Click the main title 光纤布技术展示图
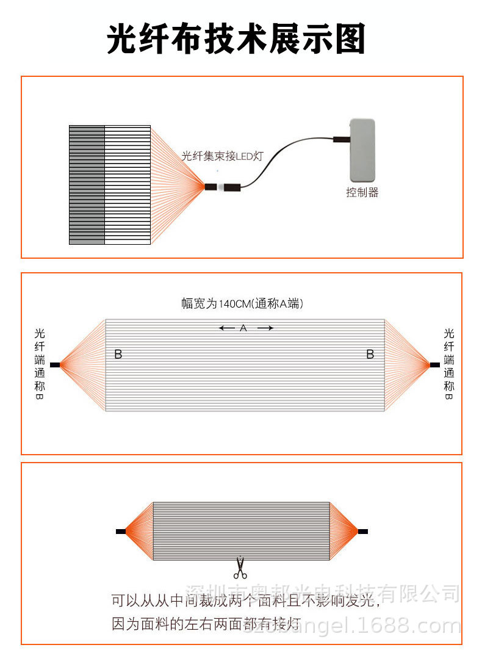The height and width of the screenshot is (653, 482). pos(236,40)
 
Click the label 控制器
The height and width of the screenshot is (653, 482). pos(362,192)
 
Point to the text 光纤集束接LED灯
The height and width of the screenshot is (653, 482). pos(222,156)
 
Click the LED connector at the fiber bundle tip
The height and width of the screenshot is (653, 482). pos(223,187)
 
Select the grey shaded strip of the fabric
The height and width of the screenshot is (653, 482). pos(87,185)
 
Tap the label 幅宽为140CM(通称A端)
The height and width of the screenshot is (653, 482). pos(242,303)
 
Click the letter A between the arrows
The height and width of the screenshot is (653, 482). pos(243,328)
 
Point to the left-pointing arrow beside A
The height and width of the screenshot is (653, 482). pos(227,328)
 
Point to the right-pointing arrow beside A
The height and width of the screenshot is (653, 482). pos(265,328)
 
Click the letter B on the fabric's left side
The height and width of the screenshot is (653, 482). pos(118,354)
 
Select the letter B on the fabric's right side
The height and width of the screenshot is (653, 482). pos(370,354)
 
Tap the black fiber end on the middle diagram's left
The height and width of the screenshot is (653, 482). pos(55,365)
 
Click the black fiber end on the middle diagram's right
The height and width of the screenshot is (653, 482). pos(434,365)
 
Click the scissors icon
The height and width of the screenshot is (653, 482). pos(240,568)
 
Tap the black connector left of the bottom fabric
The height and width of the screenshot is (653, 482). pos(120,532)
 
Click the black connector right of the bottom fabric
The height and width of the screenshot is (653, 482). pos(363,532)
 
